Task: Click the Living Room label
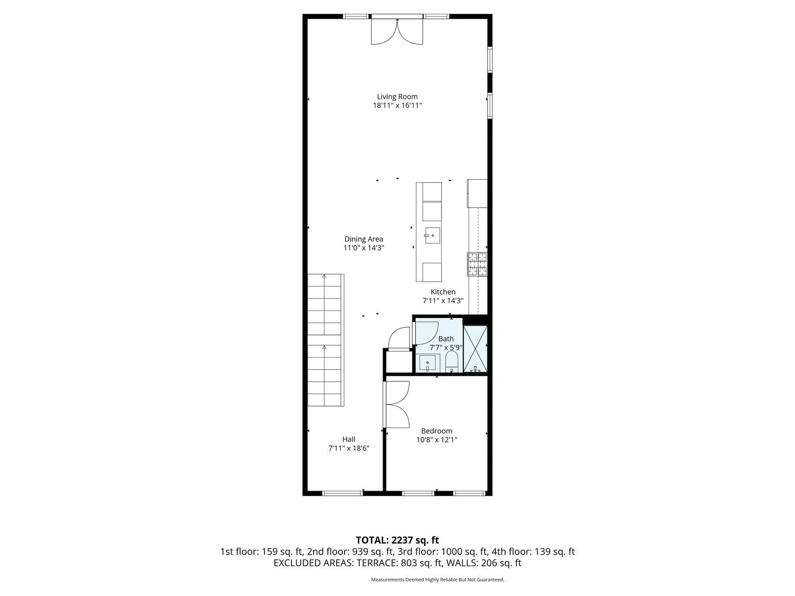tap(397, 97)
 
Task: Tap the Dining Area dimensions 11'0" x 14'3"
tap(363, 248)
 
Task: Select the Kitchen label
tap(443, 292)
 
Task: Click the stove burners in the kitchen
tap(478, 264)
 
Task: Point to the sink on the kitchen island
tap(432, 236)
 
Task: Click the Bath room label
tap(446, 339)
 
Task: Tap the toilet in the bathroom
tap(452, 363)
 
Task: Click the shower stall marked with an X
tap(475, 349)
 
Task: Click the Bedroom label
tap(436, 431)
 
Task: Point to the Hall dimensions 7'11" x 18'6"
tap(348, 449)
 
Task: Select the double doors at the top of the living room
tap(397, 31)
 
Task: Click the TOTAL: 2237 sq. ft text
tap(397, 540)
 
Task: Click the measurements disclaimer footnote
tap(436, 580)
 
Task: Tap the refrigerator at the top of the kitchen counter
tap(478, 193)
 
